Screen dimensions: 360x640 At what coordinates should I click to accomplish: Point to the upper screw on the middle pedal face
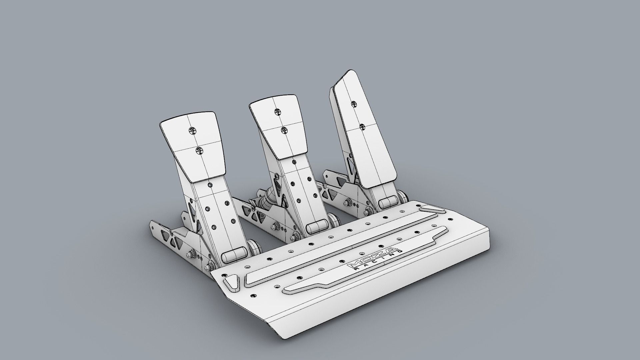pyautogui.click(x=277, y=111)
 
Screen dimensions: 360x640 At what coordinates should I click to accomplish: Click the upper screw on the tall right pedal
pyautogui.click(x=354, y=104)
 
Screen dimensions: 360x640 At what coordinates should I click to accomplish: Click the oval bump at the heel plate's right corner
pyautogui.click(x=433, y=209)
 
